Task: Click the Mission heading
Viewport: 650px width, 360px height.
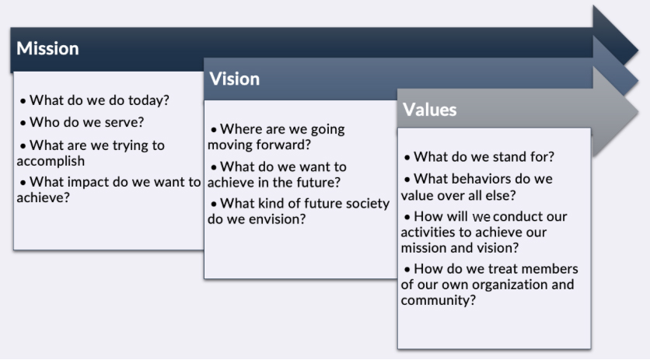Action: (47, 48)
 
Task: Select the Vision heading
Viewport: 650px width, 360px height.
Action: (234, 79)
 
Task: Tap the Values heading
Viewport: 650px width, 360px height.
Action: (429, 110)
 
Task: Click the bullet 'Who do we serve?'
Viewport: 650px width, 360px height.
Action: (86, 122)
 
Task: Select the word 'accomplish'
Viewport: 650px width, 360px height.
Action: (51, 161)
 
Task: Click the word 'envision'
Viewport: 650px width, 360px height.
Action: (276, 219)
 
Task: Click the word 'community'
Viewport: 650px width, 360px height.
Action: (435, 300)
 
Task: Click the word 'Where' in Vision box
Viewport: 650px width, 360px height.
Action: (241, 129)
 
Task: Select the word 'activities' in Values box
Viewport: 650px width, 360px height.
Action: (431, 232)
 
